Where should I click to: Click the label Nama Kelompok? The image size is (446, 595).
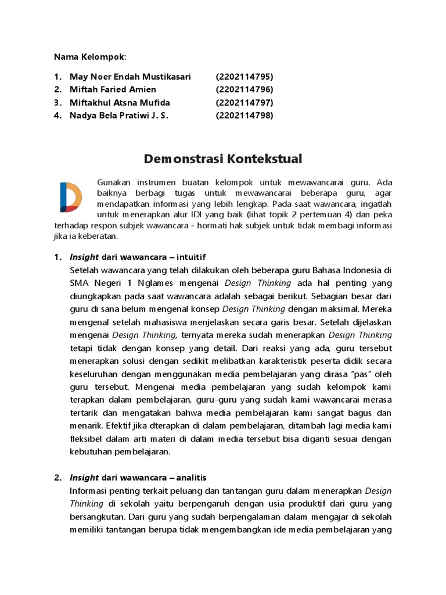(x=89, y=56)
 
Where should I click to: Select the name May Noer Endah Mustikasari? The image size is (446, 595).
(x=130, y=77)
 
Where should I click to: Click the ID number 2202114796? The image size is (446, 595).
(x=244, y=89)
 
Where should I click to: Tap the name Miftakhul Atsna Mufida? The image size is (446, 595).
(x=120, y=102)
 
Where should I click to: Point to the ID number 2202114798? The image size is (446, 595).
(x=244, y=115)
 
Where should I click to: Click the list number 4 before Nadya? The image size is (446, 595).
(x=57, y=115)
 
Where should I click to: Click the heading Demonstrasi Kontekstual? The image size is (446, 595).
(x=222, y=159)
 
